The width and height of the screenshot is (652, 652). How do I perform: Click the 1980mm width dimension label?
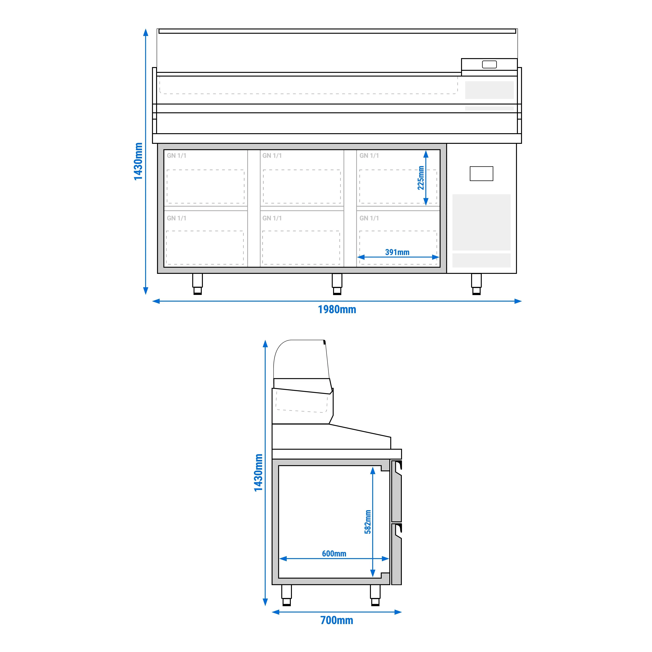tap(337, 309)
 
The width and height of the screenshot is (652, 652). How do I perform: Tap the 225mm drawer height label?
tap(421, 178)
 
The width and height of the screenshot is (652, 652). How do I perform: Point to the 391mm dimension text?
tap(397, 252)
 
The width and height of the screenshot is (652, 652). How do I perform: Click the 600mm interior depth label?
tap(334, 553)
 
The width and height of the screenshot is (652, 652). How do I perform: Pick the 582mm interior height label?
tap(368, 522)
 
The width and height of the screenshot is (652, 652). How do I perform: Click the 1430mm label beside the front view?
tap(138, 161)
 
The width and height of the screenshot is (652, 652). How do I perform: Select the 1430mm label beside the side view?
tap(258, 472)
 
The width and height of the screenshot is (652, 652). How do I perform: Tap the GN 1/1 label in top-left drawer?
tap(176, 156)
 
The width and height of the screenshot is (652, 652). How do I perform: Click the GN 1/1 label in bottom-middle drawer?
tap(272, 218)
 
